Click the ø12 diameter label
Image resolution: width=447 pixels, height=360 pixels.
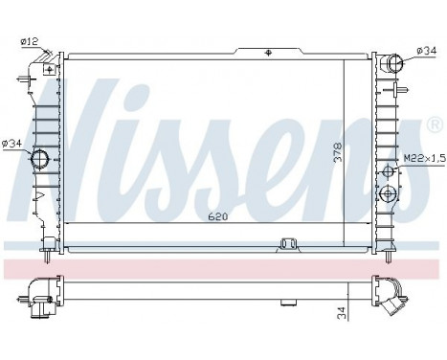(x=31, y=40)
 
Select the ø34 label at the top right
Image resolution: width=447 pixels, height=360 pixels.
(x=426, y=50)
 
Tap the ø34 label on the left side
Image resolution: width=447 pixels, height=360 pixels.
(x=11, y=144)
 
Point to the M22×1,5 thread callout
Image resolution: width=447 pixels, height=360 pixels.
(x=422, y=158)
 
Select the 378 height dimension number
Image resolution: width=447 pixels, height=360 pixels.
(x=337, y=154)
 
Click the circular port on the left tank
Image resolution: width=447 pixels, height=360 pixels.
(x=40, y=159)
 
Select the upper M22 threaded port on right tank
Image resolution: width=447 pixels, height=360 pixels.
(x=389, y=172)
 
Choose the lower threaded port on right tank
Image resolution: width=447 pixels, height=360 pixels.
(x=389, y=194)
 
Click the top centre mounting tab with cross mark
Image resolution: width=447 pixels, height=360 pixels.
(x=269, y=51)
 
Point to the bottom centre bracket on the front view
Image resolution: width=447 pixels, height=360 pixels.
(x=287, y=245)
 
